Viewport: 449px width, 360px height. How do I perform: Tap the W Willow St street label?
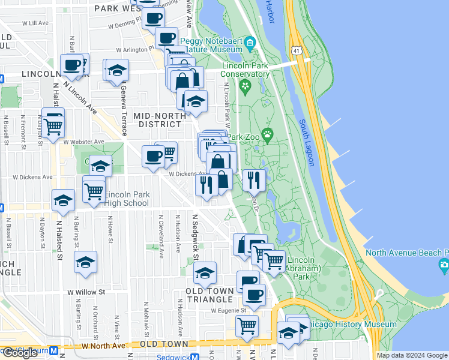coord(86,292)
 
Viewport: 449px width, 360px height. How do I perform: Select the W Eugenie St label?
coord(229,311)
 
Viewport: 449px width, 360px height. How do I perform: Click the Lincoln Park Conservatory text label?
coord(246,70)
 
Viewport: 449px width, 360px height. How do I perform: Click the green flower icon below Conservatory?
coord(245,86)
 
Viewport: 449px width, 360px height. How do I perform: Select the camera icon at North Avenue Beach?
coord(444,264)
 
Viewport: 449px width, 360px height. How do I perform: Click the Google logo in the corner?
coord(20,353)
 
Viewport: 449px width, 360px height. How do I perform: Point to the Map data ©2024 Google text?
coord(412,355)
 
